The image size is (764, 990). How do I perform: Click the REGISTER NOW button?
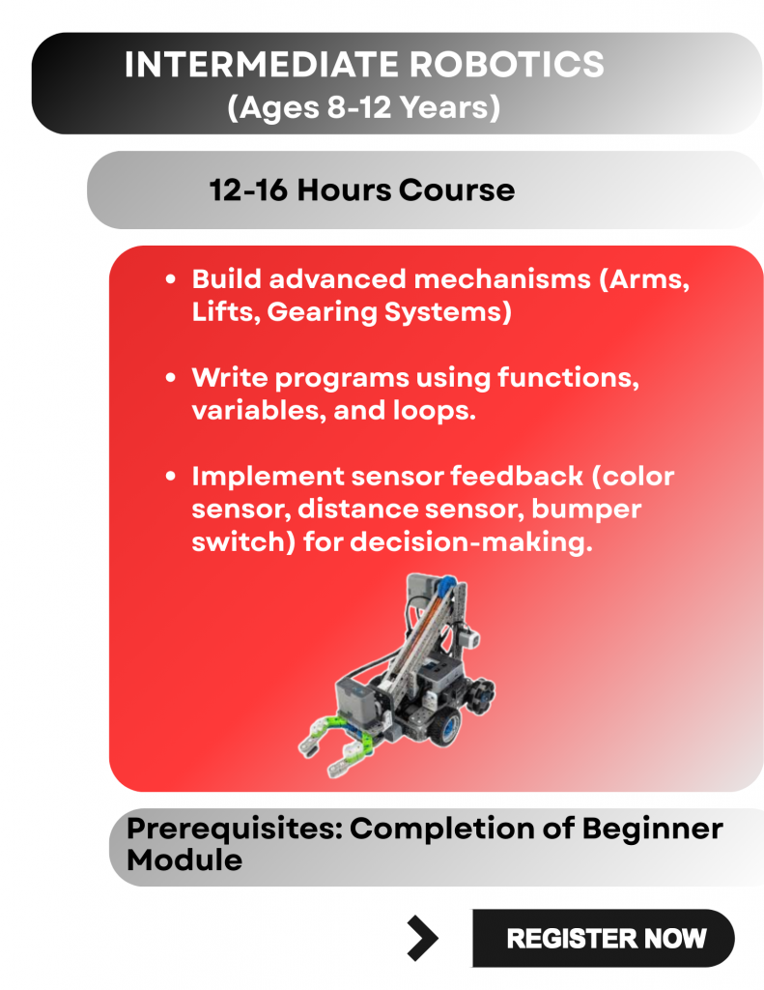(x=603, y=938)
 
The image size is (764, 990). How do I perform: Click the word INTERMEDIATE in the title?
(x=261, y=65)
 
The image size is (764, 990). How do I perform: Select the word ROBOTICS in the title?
(x=507, y=65)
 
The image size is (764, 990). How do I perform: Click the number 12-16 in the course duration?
(x=248, y=190)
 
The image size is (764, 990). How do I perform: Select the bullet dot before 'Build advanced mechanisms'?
(x=170, y=279)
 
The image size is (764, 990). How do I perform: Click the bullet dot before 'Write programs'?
(x=170, y=378)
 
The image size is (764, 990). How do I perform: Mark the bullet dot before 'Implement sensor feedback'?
(x=170, y=476)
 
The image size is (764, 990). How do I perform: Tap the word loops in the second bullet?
(x=434, y=412)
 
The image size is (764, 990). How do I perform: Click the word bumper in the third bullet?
(x=586, y=510)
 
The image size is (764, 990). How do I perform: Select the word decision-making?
(x=471, y=542)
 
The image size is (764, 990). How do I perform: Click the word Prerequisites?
(x=234, y=829)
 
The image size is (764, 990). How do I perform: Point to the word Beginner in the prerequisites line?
(x=652, y=829)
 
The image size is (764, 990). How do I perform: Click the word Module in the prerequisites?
(x=184, y=860)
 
